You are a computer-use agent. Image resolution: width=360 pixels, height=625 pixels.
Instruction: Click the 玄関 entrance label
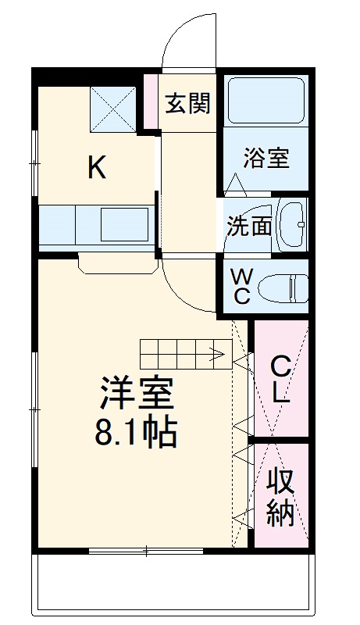pyautogui.click(x=187, y=103)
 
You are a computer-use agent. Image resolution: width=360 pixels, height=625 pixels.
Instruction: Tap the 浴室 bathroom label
pyautogui.click(x=266, y=158)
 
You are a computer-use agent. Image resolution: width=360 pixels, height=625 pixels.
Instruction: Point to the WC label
pyautogui.click(x=242, y=285)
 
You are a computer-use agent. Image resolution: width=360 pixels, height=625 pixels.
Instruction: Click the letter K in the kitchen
pyautogui.click(x=96, y=167)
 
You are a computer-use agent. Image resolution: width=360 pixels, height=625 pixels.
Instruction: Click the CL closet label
pyautogui.click(x=281, y=379)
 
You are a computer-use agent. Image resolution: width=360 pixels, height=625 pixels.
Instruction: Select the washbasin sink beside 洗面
pyautogui.click(x=292, y=225)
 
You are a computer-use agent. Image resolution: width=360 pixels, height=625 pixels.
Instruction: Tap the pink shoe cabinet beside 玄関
pyautogui.click(x=150, y=102)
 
